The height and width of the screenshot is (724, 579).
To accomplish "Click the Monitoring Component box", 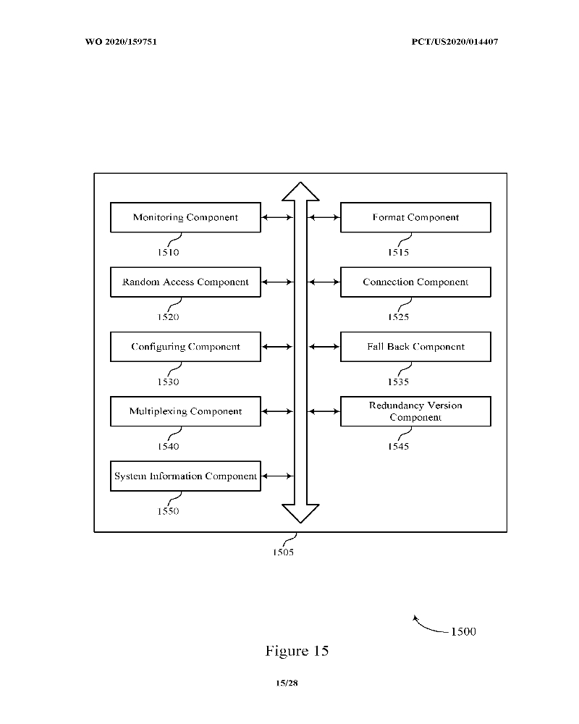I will (x=185, y=217).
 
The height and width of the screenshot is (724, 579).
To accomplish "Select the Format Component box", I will (x=415, y=217).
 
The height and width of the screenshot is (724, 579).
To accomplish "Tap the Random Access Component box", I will (x=185, y=282).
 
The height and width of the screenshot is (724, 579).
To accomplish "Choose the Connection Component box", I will (x=415, y=282).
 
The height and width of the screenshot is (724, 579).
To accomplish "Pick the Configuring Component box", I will (x=185, y=347).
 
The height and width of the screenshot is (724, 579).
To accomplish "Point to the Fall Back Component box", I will (x=415, y=347).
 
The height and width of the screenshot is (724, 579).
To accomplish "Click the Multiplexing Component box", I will (x=185, y=411).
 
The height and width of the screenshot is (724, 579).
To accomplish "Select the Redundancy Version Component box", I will (x=415, y=411).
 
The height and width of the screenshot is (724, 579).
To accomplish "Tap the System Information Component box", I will (x=185, y=476).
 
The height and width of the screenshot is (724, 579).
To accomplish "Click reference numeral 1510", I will (x=168, y=253).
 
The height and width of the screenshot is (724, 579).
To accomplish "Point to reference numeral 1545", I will (x=398, y=447).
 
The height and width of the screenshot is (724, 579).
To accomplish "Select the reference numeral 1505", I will (x=283, y=552).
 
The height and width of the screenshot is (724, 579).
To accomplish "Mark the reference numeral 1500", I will (x=463, y=632).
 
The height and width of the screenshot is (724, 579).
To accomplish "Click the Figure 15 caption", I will (x=297, y=651).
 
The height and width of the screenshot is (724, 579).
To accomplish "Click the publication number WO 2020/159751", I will (x=121, y=41).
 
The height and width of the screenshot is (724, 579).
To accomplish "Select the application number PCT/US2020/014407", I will (x=455, y=41).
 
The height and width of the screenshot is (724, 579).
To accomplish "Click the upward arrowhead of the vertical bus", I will (x=300, y=191).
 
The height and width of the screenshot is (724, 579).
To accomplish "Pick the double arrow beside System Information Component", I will (x=277, y=476).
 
